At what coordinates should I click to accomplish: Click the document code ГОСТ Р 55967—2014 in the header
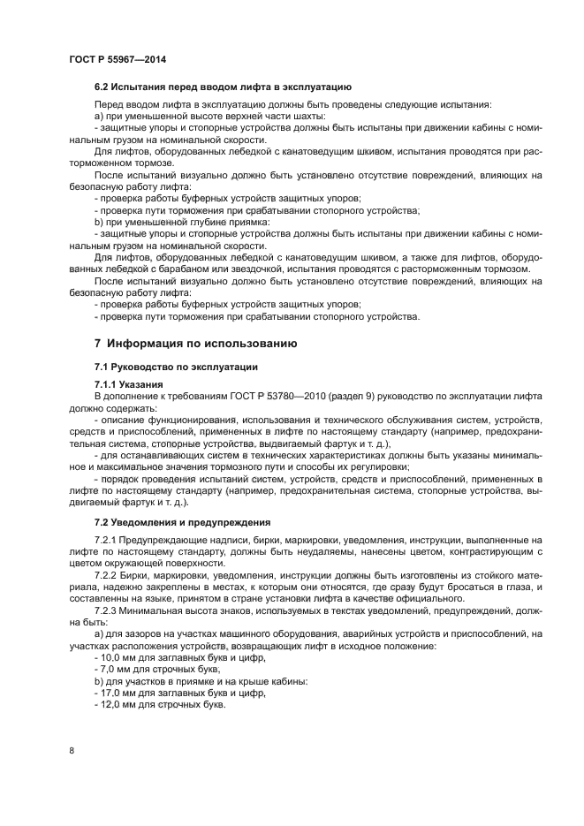117,58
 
